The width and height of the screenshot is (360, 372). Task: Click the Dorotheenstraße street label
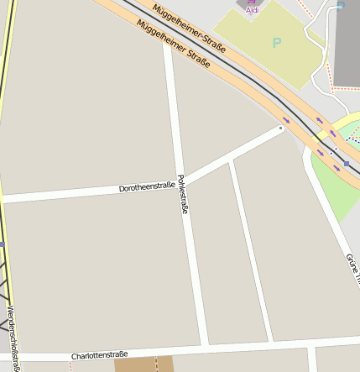coord(147,186)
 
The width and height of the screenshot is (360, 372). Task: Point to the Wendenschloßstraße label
coord(11,334)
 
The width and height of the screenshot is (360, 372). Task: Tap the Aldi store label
coord(252,10)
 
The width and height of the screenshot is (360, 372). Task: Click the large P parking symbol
coord(277,42)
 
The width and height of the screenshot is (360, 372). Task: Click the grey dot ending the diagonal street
coord(281,128)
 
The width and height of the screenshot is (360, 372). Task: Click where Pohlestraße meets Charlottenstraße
coord(204,346)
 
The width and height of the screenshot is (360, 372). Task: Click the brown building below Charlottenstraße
coord(143,364)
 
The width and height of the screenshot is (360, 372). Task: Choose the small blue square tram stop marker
coord(346,163)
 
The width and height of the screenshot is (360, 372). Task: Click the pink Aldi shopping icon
coord(252,3)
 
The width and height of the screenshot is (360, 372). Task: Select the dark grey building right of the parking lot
coord(347,42)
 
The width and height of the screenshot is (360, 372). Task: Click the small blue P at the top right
coord(341,4)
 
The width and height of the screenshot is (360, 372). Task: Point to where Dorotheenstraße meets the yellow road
coord(3,200)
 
